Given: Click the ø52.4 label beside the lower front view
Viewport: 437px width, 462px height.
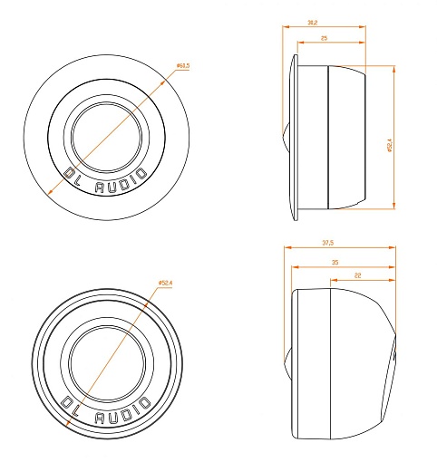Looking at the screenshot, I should coord(166,284).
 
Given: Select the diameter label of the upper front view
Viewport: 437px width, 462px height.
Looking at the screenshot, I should coord(181,66).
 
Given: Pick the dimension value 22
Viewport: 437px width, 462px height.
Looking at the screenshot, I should coord(358,274).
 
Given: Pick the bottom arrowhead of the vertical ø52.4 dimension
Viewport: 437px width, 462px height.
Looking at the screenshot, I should coord(395,208).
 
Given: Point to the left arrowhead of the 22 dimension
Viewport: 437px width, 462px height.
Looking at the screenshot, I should coord(331,282).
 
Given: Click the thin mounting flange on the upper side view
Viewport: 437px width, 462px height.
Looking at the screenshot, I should coord(294,136).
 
